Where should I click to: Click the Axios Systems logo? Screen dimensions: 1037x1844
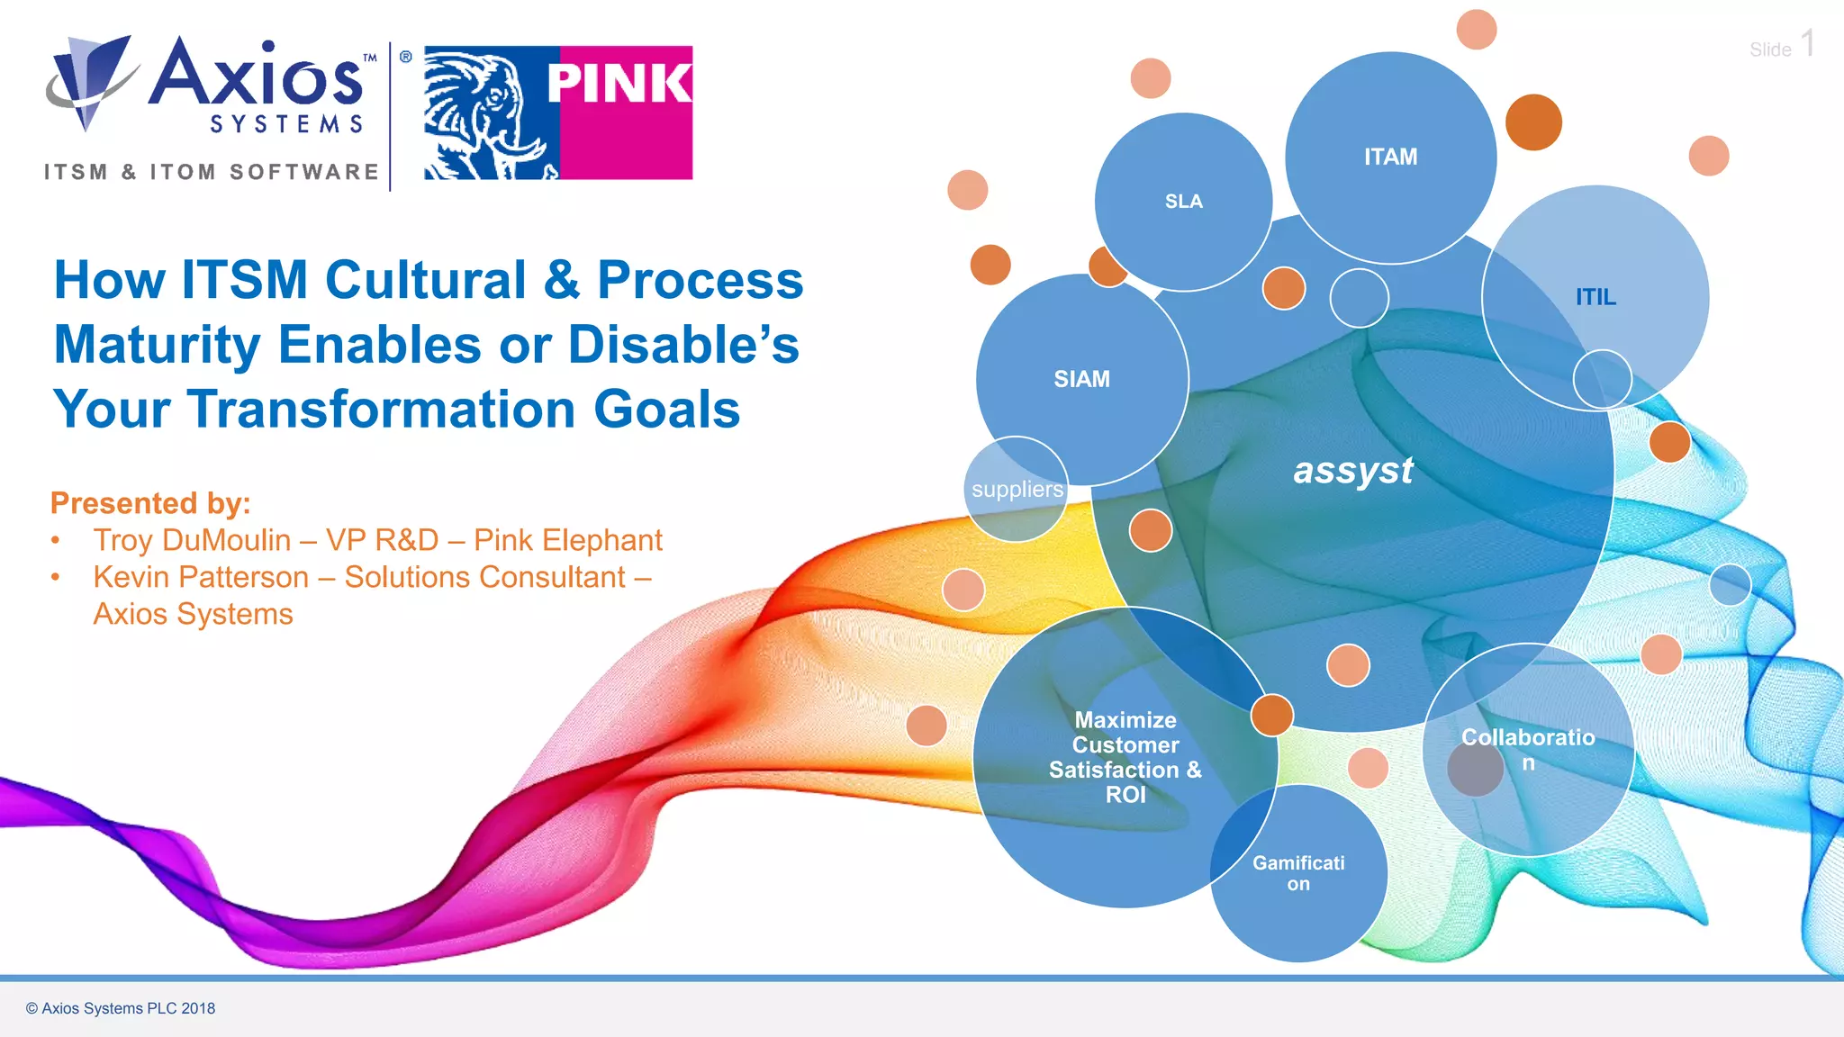212,86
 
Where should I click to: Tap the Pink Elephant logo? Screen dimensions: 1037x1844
558,113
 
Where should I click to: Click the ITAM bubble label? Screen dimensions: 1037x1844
1390,158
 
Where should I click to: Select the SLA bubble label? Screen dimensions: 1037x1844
1183,202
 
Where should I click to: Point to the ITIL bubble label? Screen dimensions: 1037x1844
1595,297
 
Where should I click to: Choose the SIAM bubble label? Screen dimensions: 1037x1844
1081,379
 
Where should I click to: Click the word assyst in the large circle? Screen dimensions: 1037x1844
1353,470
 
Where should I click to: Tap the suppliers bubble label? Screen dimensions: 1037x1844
1017,490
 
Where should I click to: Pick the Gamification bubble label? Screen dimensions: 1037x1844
1298,873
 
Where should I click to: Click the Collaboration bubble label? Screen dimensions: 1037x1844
1528,749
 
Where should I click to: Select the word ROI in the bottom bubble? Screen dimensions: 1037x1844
1125,795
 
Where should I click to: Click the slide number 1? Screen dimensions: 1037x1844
1808,44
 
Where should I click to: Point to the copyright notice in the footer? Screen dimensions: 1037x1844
121,1008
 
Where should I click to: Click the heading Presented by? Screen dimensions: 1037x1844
150,503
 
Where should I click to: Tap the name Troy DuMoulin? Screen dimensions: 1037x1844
192,540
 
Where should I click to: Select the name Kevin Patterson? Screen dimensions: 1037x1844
201,577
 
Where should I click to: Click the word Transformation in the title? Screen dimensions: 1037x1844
382,410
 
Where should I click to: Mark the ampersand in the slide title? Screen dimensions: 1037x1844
561,280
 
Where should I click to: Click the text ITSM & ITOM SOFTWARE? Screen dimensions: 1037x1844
212,172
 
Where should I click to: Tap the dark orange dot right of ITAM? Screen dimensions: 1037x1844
1533,122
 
